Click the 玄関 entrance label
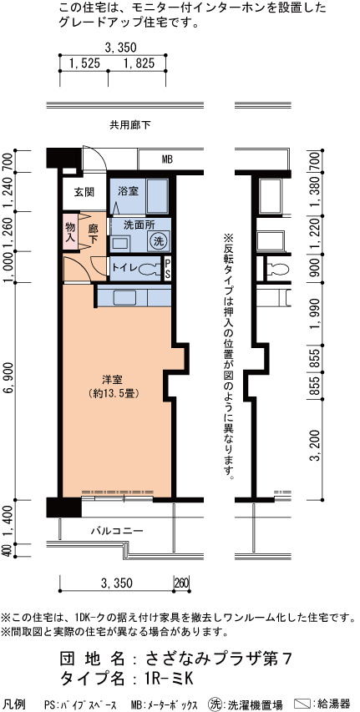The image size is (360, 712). pos(84,192)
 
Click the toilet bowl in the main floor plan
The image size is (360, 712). pos(149,270)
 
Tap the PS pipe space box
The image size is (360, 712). pos(167,269)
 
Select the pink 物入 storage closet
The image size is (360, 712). pos(70,231)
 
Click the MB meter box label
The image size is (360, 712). pos(167,159)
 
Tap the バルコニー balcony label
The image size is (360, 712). pos(117,530)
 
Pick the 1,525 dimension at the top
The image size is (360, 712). pos(84,63)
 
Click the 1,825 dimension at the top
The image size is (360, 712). pos(139,63)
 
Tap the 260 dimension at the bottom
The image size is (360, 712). pos(181,583)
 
